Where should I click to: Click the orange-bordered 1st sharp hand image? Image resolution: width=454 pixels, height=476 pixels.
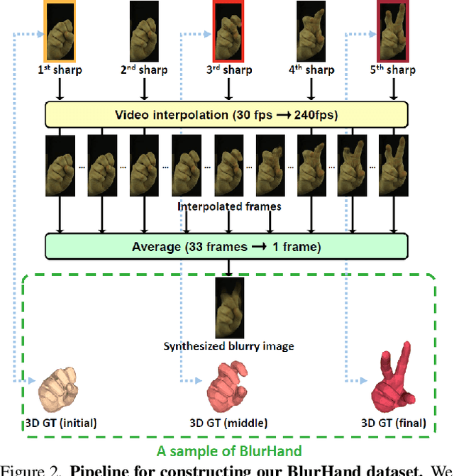tap(60, 30)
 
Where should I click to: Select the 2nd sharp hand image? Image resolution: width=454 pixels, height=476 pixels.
tap(144, 30)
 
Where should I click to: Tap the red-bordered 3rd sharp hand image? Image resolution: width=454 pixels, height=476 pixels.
tap(227, 30)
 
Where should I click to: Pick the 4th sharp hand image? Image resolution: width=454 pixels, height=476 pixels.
tap(311, 30)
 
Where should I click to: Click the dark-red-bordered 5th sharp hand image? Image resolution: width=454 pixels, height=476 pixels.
tap(394, 30)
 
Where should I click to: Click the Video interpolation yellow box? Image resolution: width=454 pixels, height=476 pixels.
tap(227, 115)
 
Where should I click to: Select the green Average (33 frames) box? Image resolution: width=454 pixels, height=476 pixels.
tap(227, 247)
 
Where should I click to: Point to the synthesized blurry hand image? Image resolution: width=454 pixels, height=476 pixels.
tap(228, 308)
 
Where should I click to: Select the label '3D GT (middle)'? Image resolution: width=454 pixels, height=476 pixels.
tap(228, 424)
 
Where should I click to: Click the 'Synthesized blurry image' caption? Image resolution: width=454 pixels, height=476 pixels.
tap(228, 346)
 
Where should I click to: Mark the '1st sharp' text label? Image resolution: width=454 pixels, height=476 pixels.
tap(60, 70)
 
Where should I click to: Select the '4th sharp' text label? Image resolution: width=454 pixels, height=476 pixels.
tap(311, 70)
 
